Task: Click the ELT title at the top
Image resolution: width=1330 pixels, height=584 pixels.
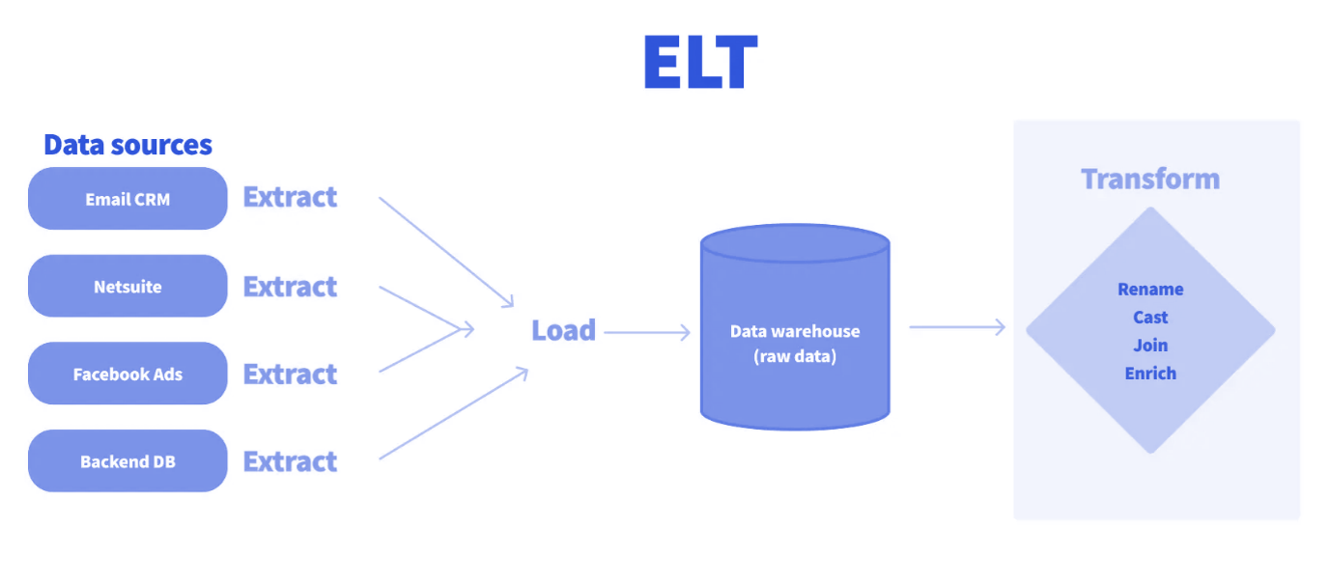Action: tap(700, 65)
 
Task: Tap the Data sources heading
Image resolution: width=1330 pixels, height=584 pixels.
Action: tap(127, 145)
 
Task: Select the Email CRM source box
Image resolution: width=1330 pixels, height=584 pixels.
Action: tap(127, 199)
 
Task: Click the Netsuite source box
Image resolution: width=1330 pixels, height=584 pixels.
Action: tap(127, 287)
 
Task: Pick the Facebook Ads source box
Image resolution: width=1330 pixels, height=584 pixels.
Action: tap(127, 374)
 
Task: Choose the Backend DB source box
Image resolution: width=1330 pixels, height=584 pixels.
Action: tap(127, 461)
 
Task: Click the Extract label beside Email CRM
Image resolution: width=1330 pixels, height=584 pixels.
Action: tap(290, 197)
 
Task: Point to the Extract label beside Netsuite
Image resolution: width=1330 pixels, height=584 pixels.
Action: tap(290, 287)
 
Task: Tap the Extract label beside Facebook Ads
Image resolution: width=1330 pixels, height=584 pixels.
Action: tap(290, 374)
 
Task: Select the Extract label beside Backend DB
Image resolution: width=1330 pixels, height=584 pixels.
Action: tap(290, 461)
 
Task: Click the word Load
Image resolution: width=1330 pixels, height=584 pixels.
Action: tap(563, 331)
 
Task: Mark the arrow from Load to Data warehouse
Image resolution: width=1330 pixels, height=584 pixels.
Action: tap(647, 333)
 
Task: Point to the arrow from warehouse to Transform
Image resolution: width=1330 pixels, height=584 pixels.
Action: tap(956, 328)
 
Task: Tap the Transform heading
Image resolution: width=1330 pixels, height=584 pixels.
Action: tap(1149, 180)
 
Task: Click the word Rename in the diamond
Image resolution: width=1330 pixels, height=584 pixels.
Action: tap(1150, 290)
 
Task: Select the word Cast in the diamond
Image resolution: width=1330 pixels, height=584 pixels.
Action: tap(1150, 318)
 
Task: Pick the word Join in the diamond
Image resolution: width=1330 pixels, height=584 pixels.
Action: tap(1150, 346)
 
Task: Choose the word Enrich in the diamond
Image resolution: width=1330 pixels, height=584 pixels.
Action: tap(1150, 374)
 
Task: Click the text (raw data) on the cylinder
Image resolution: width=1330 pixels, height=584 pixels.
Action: tap(794, 356)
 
